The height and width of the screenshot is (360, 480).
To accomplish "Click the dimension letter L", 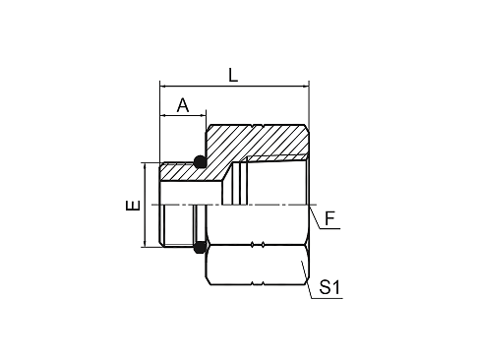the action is click(233, 75).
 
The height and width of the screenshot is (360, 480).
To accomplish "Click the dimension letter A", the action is click(183, 105).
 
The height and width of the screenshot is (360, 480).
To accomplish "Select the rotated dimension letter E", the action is click(133, 206).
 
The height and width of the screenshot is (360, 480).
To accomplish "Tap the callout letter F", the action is click(330, 218).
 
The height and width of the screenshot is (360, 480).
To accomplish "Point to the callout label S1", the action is click(330, 287).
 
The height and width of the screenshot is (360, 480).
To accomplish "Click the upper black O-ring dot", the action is click(200, 161).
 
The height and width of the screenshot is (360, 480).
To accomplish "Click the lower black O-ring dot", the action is click(200, 247).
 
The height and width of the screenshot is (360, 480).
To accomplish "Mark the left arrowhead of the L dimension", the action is click(162, 87).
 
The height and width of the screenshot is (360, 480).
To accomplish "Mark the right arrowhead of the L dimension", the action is click(306, 87).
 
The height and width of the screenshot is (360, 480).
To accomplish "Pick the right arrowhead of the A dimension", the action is click(203, 115).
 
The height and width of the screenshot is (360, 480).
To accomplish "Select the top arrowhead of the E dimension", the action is click(145, 165).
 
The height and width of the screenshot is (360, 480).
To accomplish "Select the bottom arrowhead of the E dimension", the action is click(145, 244).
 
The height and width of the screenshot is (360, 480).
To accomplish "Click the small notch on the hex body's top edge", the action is click(258, 126).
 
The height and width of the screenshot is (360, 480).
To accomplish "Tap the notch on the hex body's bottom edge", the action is click(258, 283).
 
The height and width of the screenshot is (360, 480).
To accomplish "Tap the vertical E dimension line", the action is click(145, 205).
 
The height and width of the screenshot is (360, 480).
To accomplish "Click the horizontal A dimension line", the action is click(183, 115).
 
